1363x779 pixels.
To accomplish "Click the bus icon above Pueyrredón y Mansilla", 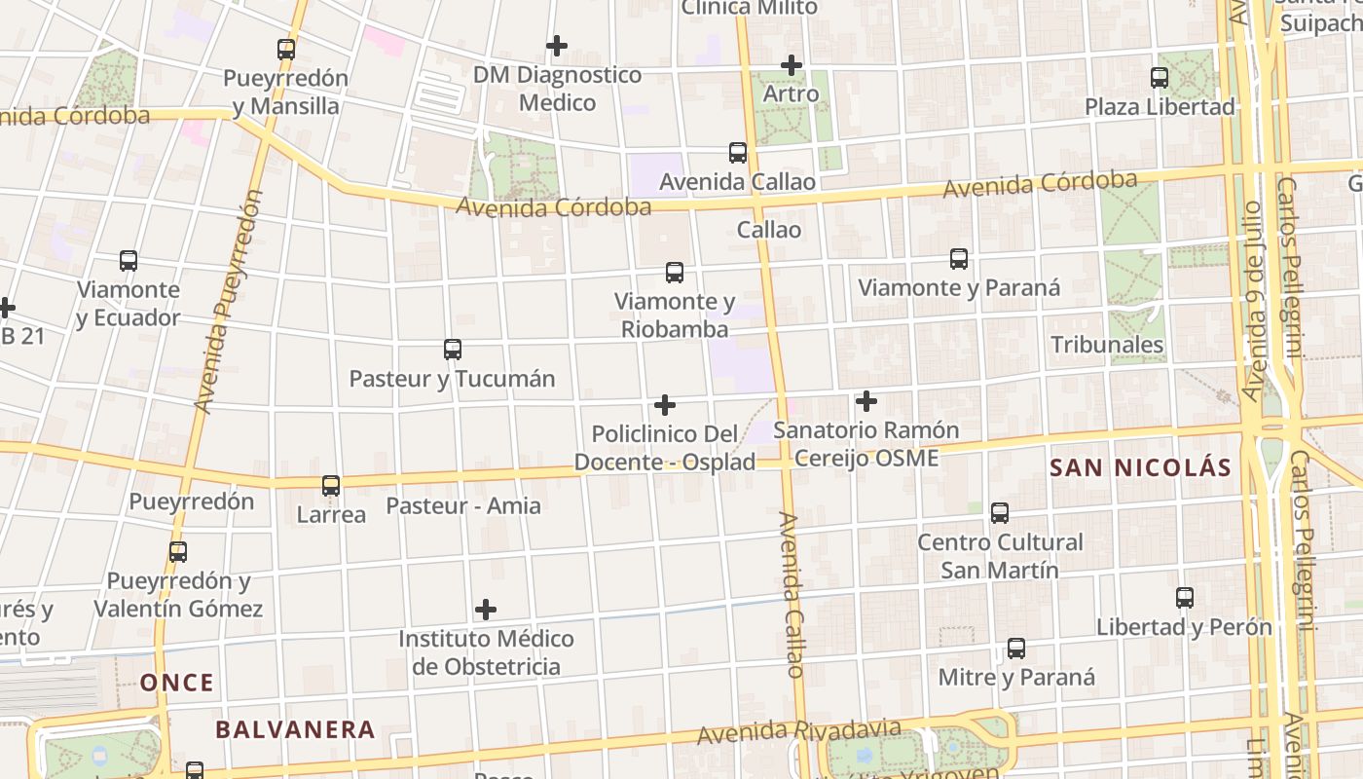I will coord(285,49).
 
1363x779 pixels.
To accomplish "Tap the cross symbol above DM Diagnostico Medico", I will coord(557,46).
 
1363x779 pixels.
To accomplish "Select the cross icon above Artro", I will coord(792,65).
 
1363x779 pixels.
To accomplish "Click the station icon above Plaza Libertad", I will coord(1159,78).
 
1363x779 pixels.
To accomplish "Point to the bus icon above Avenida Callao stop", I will coord(738,153).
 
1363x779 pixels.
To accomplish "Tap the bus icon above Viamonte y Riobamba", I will coord(675,273).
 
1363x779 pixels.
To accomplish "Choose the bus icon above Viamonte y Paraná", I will coord(959,259).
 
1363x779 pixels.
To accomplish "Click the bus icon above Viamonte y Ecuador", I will coord(129,261).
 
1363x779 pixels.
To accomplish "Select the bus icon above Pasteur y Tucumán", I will coord(452,350).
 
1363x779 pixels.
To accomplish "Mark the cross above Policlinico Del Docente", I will coord(665,405).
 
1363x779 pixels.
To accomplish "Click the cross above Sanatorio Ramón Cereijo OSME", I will coord(866,401).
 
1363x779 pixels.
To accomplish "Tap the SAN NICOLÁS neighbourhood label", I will coord(1141,467).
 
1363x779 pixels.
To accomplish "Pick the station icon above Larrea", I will coord(331,486).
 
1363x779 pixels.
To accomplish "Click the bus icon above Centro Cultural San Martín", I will coord(999,513).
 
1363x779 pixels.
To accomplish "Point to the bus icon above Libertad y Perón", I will coord(1184,598).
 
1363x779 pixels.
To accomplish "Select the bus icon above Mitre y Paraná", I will coord(1016,649).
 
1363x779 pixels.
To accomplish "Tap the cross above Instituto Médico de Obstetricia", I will coord(486,611).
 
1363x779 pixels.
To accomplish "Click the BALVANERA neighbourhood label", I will coord(295,729).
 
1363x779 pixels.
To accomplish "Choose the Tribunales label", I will coord(1107,345).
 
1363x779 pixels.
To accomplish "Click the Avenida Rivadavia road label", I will coord(801,730).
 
